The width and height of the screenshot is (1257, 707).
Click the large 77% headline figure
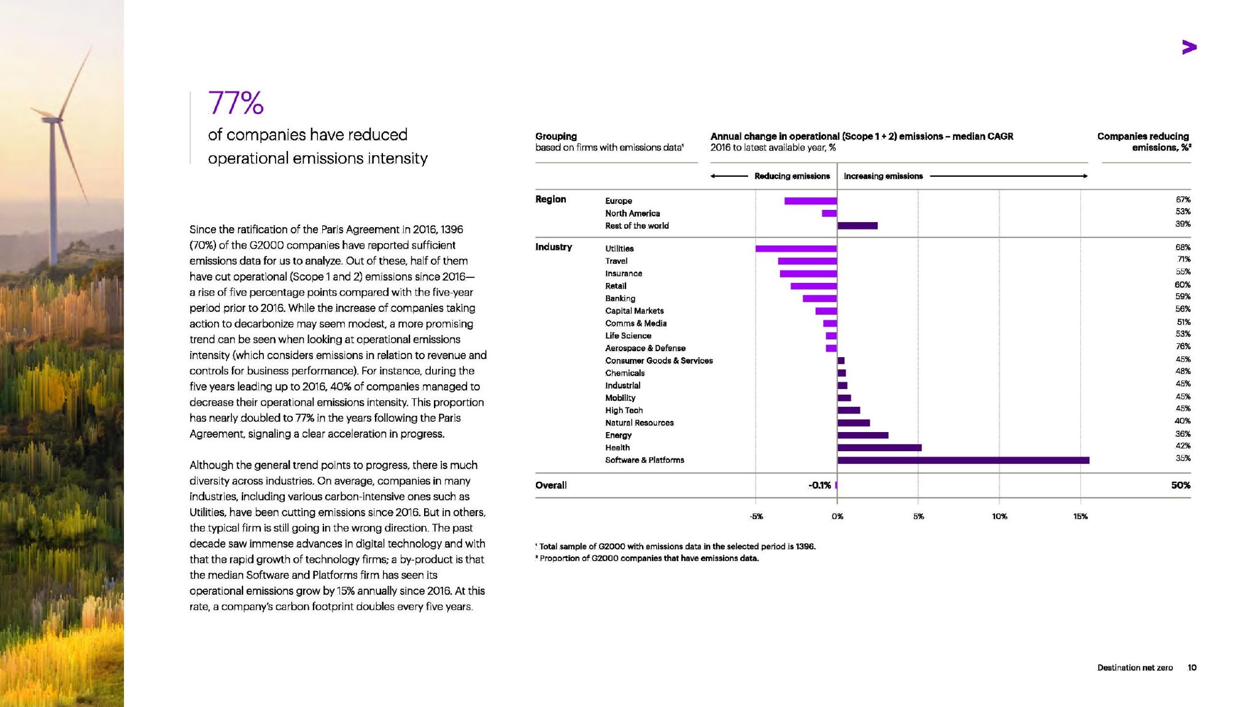(x=236, y=103)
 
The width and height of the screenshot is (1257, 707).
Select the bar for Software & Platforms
(x=962, y=460)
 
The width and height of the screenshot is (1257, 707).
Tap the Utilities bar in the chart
(x=796, y=249)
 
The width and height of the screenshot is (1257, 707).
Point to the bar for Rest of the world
(x=857, y=226)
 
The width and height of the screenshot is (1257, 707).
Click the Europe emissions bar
(x=810, y=201)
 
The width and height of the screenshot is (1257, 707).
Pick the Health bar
(x=879, y=448)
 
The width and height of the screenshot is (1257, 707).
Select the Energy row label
(x=618, y=435)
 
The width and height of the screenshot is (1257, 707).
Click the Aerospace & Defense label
(x=645, y=348)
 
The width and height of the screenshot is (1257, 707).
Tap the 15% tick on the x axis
(x=1080, y=516)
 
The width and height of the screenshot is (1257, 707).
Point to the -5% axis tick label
(x=756, y=516)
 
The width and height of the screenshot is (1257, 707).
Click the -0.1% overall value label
(x=819, y=485)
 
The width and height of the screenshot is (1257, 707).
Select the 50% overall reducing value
(x=1180, y=485)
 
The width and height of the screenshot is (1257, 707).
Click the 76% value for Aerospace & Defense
(x=1183, y=347)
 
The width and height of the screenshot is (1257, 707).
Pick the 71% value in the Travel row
(x=1183, y=260)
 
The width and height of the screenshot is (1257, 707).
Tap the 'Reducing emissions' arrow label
(x=792, y=176)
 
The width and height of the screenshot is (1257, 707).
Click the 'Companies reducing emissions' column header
(x=1144, y=142)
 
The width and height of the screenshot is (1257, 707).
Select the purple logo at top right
(x=1189, y=47)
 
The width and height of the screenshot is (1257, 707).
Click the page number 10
(x=1192, y=668)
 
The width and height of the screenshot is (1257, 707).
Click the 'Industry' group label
(x=554, y=247)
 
